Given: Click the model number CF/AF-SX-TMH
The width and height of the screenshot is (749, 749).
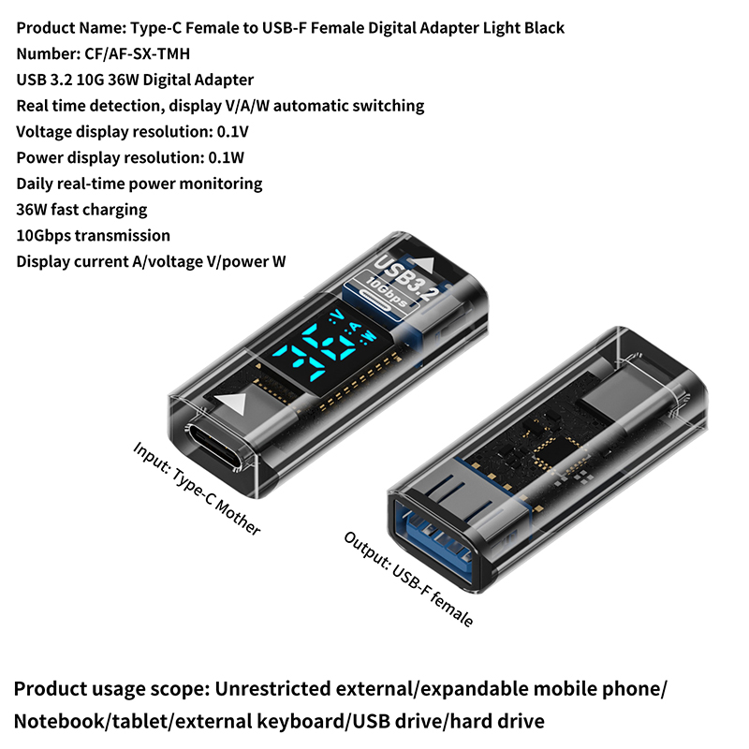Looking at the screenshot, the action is (137, 53).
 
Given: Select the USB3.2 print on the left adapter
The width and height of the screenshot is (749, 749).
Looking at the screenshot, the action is (405, 276).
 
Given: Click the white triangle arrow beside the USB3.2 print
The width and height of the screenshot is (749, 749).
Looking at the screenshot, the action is (422, 265).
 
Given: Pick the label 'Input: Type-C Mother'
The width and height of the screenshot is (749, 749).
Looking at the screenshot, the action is (197, 488).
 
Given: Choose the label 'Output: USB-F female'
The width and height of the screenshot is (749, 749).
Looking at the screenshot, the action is (408, 579).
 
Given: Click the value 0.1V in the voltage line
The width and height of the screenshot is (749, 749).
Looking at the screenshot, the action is (232, 131).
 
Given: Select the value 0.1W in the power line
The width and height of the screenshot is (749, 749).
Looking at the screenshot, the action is (226, 157).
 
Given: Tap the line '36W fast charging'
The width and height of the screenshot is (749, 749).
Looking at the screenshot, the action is (81, 209).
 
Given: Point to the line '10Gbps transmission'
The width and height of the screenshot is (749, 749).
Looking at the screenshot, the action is (93, 236).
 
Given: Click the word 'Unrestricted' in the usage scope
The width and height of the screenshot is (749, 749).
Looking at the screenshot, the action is (272, 688).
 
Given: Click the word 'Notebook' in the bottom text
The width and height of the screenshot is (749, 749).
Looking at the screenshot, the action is (59, 721).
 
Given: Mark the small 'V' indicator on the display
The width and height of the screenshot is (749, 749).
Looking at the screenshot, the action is (338, 315).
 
